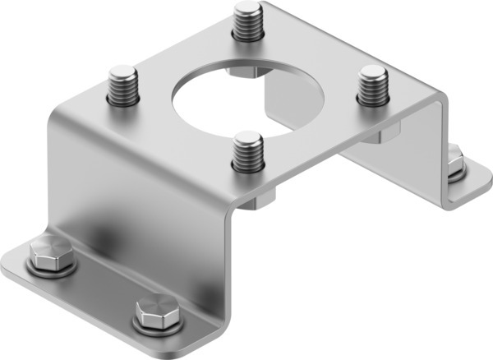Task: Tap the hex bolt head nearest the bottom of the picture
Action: click(154, 312)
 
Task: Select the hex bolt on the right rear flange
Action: click(454, 161)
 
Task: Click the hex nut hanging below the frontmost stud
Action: click(261, 199)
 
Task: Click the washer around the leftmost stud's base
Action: click(122, 102)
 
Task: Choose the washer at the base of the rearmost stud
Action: click(246, 36)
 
